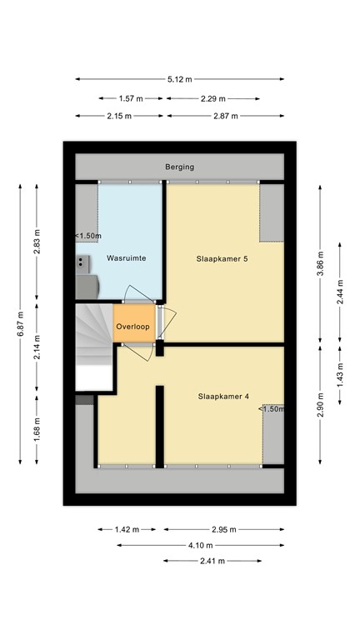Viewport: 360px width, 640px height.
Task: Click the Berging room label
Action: point(179,167)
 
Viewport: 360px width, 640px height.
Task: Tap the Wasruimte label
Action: point(127,258)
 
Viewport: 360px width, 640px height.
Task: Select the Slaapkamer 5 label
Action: point(222,258)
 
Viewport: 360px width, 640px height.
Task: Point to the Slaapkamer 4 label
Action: point(223,396)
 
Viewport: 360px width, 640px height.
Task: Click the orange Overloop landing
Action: point(133,327)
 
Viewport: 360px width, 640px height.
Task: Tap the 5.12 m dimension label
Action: point(179,80)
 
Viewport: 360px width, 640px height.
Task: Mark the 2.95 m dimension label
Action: point(223,529)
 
